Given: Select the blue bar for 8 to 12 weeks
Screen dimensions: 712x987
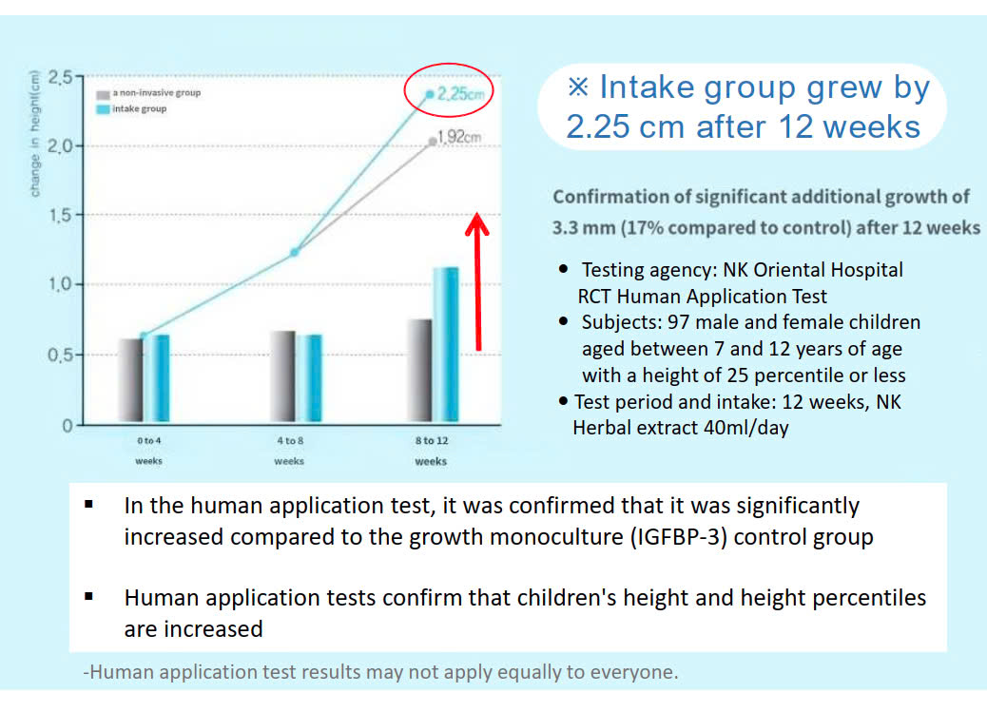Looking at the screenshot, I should pyautogui.click(x=445, y=346).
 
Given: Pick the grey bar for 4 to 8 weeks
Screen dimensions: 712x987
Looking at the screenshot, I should pyautogui.click(x=282, y=377).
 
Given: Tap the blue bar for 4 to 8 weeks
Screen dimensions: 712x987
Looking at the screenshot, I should pyautogui.click(x=310, y=379).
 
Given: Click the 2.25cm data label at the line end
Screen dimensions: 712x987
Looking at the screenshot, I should pyautogui.click(x=461, y=94).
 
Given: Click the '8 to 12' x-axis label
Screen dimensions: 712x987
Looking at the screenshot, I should pyautogui.click(x=431, y=441).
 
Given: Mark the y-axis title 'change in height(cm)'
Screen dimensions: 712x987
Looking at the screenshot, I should pyautogui.click(x=35, y=133).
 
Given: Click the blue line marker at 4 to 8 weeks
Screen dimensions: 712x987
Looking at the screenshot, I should pyautogui.click(x=295, y=252).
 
